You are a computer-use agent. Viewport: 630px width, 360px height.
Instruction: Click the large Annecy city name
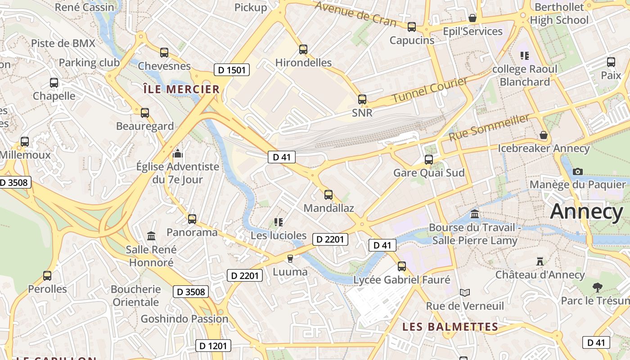[586, 211]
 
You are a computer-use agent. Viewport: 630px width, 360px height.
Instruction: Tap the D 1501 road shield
[231, 70]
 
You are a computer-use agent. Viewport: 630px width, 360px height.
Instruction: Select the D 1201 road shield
[213, 346]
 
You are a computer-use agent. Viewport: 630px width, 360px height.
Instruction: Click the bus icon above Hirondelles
[303, 49]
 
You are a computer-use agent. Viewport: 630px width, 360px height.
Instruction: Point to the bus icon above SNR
[362, 99]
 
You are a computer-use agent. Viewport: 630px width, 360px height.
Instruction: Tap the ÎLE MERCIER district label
[181, 89]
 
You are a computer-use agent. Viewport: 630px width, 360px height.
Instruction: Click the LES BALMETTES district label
[450, 327]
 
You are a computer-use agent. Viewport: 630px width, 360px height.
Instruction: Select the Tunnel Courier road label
[430, 90]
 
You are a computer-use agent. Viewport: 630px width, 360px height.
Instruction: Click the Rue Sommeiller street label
[489, 127]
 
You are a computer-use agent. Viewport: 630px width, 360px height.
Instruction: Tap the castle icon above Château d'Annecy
[540, 261]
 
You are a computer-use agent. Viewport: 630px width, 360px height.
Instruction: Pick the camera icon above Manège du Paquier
[578, 171]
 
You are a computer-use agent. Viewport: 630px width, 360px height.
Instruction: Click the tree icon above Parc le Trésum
[598, 287]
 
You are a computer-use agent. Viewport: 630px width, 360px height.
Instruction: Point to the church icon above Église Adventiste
[178, 153]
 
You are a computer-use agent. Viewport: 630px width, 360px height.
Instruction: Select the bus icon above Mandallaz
[328, 195]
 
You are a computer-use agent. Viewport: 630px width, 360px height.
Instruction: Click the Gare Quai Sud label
[429, 173]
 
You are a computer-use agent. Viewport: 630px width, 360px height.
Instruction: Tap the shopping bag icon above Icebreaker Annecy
[544, 135]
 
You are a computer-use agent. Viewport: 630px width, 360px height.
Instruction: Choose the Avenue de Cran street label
[355, 14]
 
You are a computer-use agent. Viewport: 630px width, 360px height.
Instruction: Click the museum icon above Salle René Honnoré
[151, 236]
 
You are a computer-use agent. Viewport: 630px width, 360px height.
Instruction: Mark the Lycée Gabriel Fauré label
[402, 280]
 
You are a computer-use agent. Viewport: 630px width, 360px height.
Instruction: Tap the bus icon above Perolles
[47, 275]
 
